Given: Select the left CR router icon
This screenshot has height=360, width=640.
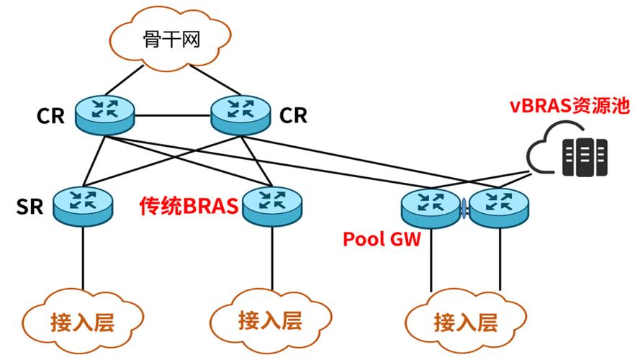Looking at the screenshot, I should pyautogui.click(x=104, y=114).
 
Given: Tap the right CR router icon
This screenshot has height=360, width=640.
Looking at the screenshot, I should pyautogui.click(x=239, y=114).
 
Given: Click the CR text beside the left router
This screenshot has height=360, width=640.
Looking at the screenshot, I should pyautogui.click(x=51, y=116).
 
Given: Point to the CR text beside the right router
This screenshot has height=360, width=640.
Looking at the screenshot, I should pyautogui.click(x=293, y=115).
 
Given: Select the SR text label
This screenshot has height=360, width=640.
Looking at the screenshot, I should pyautogui.click(x=30, y=207).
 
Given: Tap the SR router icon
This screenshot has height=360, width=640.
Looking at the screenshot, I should pyautogui.click(x=82, y=204).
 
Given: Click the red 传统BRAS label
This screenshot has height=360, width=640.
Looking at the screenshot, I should pyautogui.click(x=188, y=206).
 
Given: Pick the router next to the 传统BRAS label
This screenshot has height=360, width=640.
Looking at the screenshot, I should pyautogui.click(x=271, y=205).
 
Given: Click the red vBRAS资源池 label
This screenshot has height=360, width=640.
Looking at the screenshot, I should pyautogui.click(x=570, y=106).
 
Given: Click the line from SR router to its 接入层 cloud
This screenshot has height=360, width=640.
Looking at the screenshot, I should pyautogui.click(x=82, y=256).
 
